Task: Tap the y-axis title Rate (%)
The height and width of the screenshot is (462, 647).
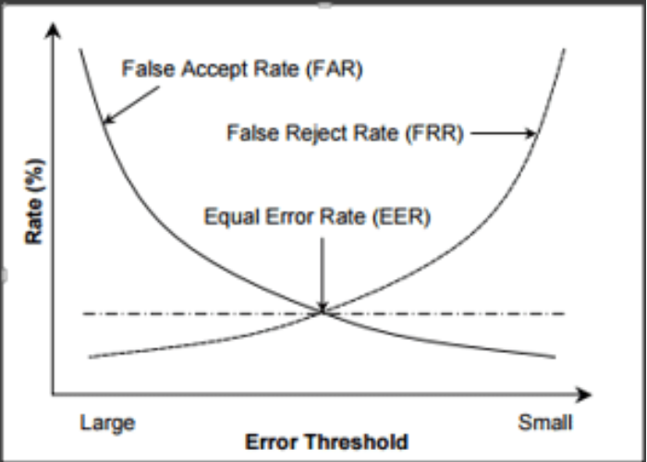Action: [x=34, y=212]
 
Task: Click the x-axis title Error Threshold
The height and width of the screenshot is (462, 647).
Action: [x=326, y=442]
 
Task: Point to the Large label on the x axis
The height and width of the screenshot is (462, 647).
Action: [x=107, y=424]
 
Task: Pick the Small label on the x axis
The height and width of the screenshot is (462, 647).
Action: [x=544, y=424]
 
